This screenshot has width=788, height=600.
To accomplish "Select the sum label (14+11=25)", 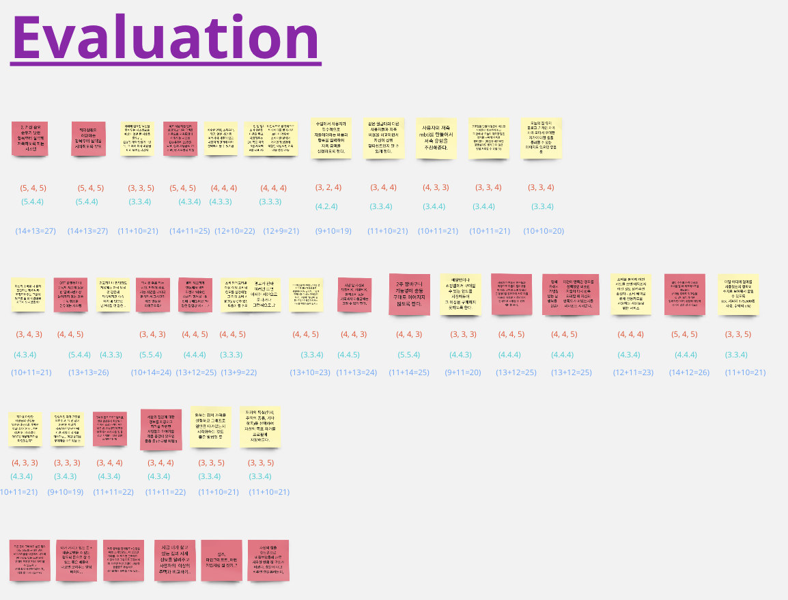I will pos(190,231).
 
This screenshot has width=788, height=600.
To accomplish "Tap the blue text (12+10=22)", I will pos(234,231).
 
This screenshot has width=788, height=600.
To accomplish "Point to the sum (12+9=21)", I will pos(281,231).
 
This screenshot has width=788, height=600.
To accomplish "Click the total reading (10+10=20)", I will pos(544,231).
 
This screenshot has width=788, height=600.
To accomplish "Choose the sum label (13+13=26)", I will pos(88,372).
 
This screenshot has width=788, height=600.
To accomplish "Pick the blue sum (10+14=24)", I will pos(151,372).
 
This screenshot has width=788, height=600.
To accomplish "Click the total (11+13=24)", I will pos(356,372).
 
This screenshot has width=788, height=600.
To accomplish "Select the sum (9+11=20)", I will pos(463,372).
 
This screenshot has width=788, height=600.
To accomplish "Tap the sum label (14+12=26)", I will pos(688,372).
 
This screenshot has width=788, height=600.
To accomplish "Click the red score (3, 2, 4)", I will pos(328,187).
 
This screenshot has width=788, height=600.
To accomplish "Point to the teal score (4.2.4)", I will pos(326,206).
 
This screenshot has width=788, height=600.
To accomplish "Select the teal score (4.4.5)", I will pos(348,355).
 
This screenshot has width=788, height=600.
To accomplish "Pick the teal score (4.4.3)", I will pos(460,355).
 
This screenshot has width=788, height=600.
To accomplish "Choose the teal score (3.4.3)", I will pos(66,476).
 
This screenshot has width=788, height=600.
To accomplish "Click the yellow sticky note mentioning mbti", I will pos(436,139).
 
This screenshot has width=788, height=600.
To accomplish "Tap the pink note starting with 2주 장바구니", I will pos(409,295).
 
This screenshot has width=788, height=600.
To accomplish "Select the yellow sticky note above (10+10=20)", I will pos(541,139).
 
